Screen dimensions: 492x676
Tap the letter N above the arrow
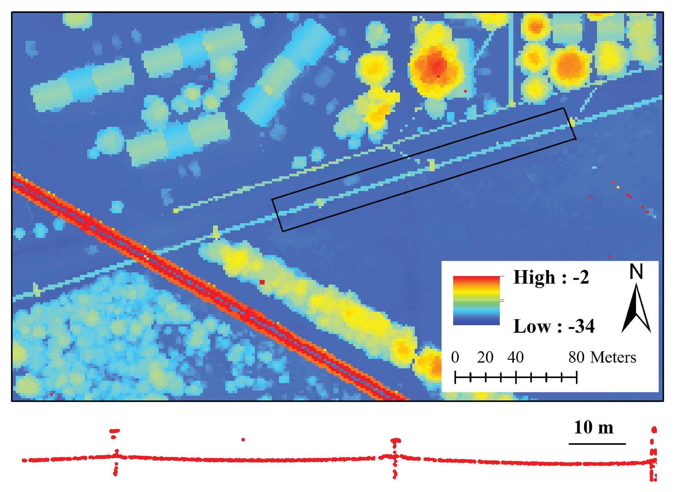click(636, 272)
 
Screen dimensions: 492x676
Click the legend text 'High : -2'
click(551, 278)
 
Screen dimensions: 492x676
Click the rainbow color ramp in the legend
click(476, 300)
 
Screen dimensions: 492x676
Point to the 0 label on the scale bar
click(455, 358)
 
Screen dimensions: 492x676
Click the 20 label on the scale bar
click(485, 358)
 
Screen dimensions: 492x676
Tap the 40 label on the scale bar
click(515, 358)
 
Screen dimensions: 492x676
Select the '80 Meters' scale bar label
click(602, 358)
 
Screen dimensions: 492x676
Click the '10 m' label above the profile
click(594, 428)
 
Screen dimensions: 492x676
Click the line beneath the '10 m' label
click(597, 444)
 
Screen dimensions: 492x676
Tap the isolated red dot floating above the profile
click(243, 439)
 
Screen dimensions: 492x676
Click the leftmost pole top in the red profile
click(115, 431)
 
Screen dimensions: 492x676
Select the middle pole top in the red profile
click(396, 440)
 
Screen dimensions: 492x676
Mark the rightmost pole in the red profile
click(654, 453)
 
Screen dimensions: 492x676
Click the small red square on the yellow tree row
click(262, 282)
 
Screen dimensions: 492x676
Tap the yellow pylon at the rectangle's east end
click(572, 122)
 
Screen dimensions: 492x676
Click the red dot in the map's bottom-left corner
click(51, 394)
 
